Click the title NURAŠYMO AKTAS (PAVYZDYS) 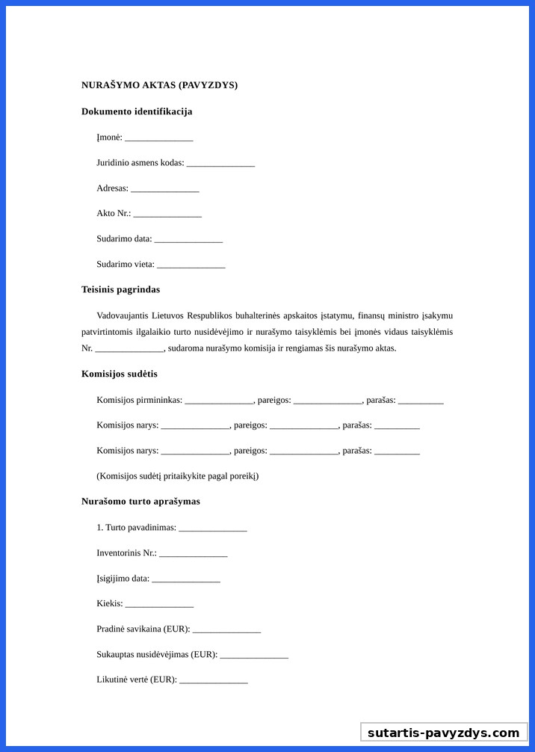tap(159, 85)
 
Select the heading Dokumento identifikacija tap(137, 111)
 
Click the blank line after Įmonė tap(158, 138)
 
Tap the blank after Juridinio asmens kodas tap(220, 163)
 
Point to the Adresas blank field tap(164, 188)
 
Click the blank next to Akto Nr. tap(167, 214)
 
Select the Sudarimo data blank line tap(188, 239)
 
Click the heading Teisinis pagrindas tap(120, 289)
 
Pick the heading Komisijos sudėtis tap(120, 374)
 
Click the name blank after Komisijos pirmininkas tap(219, 401)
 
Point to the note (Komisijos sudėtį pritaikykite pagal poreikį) tap(177, 476)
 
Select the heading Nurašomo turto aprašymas tap(140, 502)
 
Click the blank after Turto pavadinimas tap(212, 528)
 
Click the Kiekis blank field tap(159, 604)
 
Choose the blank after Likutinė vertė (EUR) tap(213, 680)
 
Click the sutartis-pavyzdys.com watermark tap(443, 733)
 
